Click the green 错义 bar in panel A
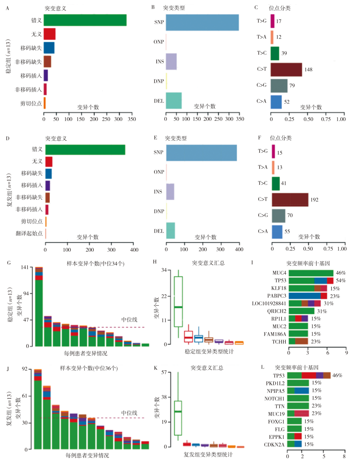[85, 20]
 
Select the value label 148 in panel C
[308, 70]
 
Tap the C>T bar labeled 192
[290, 200]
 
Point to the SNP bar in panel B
[202, 22]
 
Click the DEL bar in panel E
[171, 231]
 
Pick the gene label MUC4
[279, 273]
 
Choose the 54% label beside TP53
[341, 281]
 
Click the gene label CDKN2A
[274, 445]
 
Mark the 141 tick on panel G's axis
[25, 267]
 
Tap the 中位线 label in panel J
[129, 413]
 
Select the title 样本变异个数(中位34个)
[95, 264]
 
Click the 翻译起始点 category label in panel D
[29, 234]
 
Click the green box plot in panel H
[178, 302]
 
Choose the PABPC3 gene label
[276, 296]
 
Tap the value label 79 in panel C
[292, 86]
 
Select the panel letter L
[263, 367]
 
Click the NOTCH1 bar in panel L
[298, 399]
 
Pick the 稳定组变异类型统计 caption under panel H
[209, 352]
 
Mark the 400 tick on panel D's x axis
[134, 250]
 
